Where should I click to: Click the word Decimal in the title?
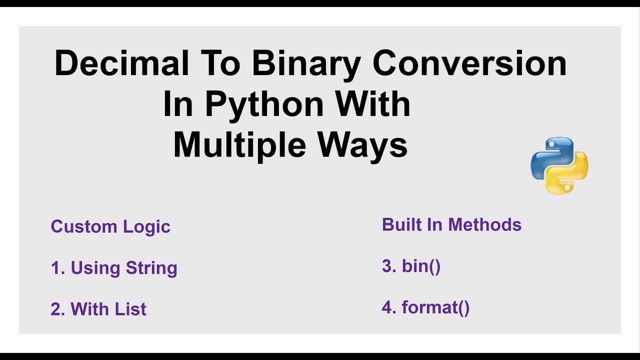[121, 63]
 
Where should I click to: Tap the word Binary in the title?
[306, 63]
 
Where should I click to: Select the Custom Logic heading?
[110, 226]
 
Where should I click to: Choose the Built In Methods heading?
[451, 224]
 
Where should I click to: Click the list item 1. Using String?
[114, 268]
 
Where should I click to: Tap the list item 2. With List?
[98, 309]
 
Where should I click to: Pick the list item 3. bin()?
[411, 266]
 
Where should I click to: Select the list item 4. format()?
[425, 307]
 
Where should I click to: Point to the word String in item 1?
[151, 268]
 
